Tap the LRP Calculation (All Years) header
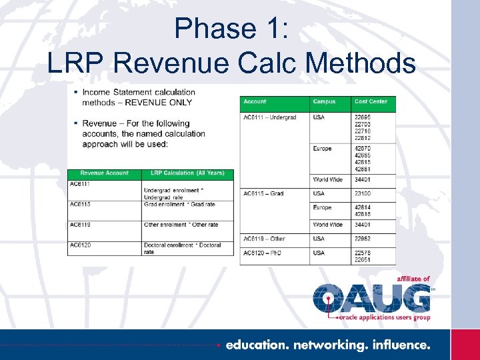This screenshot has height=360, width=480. pos(188,174)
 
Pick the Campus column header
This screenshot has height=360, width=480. pos(324,102)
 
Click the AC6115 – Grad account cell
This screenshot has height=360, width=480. pos(263,193)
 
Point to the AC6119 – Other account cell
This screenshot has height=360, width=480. pos(264,239)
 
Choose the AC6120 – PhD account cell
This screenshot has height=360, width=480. pos(263,253)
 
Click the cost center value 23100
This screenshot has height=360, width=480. pos(363,193)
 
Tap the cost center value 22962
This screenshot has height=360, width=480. pos(363,239)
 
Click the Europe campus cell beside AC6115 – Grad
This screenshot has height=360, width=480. pos(322,208)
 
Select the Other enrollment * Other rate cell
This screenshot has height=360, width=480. pos(181,225)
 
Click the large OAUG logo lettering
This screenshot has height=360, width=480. pos(372,297)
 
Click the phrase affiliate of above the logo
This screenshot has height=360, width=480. pos(413,279)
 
